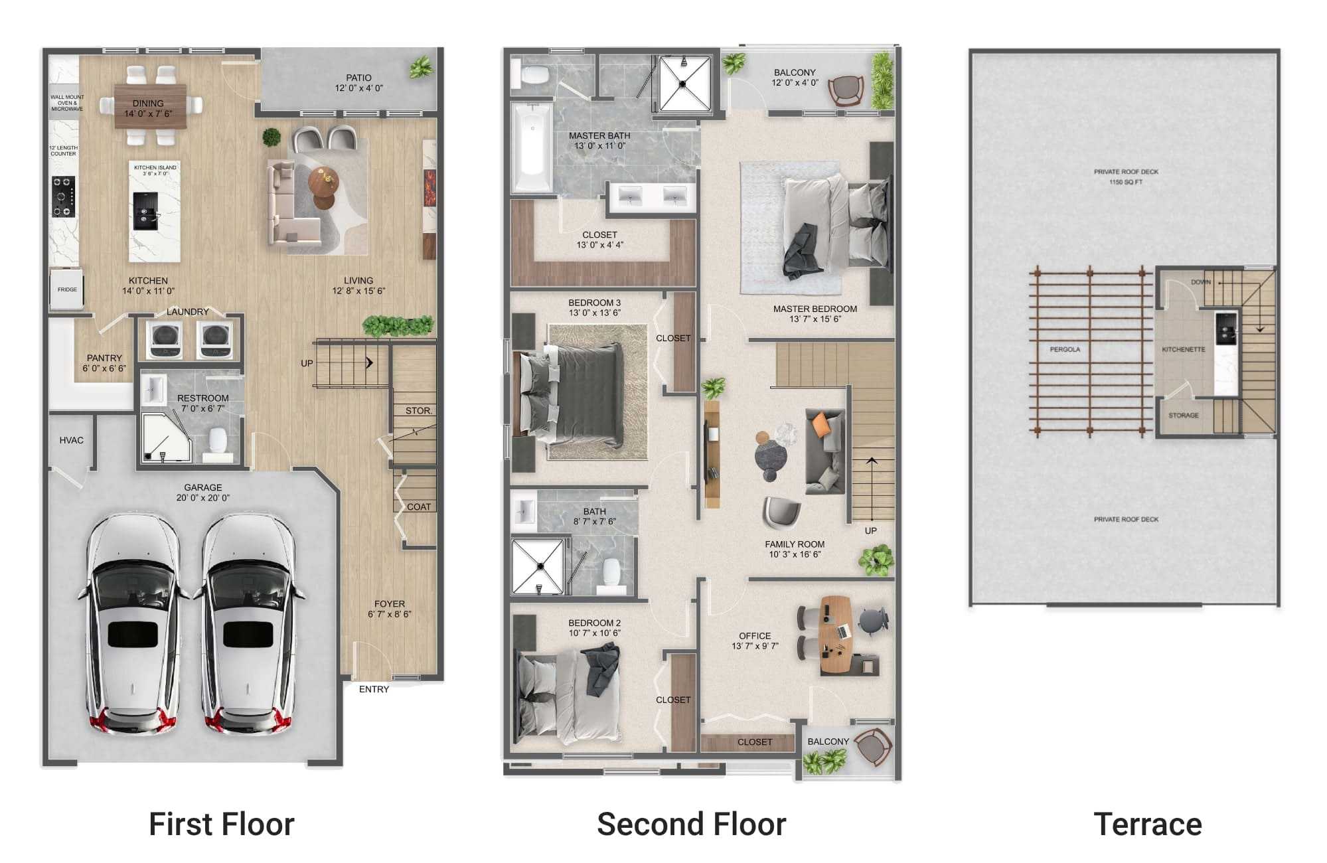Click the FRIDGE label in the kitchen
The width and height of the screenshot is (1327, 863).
[67, 289]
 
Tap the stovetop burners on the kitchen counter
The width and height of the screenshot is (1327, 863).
[64, 196]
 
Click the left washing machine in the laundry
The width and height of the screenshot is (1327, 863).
[164, 339]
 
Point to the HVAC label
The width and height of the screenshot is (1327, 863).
[71, 440]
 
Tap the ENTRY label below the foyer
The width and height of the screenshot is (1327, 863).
[374, 689]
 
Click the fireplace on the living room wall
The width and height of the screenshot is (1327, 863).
[429, 188]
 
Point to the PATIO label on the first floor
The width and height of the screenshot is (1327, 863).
[358, 78]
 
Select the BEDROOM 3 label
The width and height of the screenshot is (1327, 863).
[594, 303]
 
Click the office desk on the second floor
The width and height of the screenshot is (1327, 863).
[834, 635]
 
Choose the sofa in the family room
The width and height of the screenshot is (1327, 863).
[824, 451]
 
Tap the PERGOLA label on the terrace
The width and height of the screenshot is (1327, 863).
[1065, 349]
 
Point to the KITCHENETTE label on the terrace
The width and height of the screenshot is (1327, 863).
[1183, 349]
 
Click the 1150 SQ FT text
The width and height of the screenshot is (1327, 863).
[1125, 182]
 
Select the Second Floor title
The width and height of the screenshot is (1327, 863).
[691, 824]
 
